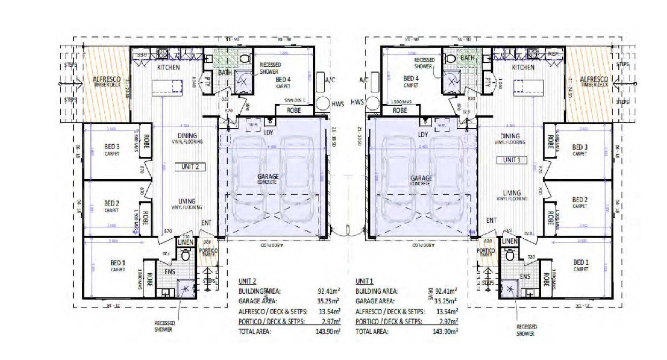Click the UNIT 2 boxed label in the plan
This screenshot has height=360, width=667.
(x=190, y=167)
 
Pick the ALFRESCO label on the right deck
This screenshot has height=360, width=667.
(x=594, y=78)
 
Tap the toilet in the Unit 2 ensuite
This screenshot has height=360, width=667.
(x=185, y=255)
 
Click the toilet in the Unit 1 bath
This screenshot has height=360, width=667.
(x=450, y=58)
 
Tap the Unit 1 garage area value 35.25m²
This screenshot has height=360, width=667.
(x=445, y=301)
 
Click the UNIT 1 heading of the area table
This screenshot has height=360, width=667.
(x=365, y=280)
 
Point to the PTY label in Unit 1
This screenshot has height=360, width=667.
(x=488, y=82)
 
